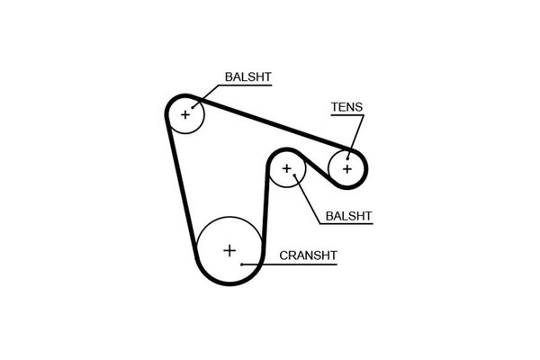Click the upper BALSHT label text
tap(248, 76)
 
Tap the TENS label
tap(346, 107)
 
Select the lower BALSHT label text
tap(348, 216)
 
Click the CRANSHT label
tap(308, 256)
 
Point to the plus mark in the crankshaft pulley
tap(229, 250)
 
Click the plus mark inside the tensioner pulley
tap(347, 169)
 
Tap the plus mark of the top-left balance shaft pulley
tap(185, 114)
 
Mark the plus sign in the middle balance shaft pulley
tap(286, 168)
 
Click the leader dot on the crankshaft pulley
tap(242, 265)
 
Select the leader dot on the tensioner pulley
tap(347, 158)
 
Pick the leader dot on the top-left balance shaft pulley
tap(193, 107)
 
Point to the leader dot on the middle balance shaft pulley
tap(295, 175)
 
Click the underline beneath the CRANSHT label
tap(290, 265)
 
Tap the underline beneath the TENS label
tap(347, 115)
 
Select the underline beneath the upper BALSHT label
tap(246, 85)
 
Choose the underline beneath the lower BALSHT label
tap(346, 224)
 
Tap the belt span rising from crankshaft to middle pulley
tap(265, 203)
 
